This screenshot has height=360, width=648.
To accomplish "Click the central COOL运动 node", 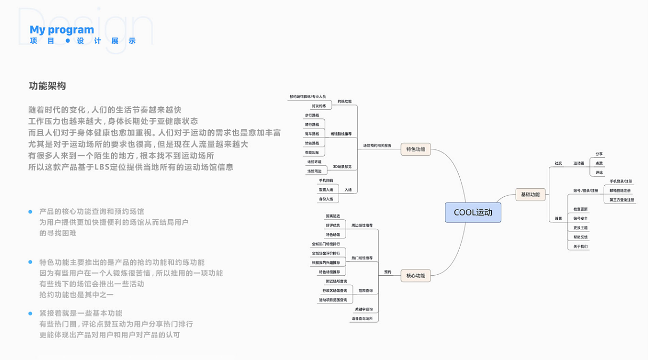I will pos(473,213).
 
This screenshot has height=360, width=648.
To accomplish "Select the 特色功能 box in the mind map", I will pos(415,149).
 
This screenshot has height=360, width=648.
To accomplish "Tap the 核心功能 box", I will pos(415,276).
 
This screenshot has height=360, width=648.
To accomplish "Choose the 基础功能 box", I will pos(530,195).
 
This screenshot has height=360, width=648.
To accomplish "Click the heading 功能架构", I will pos(47,86).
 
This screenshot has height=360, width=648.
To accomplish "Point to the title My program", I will pos(62,30).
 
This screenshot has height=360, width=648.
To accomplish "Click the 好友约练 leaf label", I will pos(319,106).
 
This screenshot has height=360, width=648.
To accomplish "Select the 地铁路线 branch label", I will pos(312,143).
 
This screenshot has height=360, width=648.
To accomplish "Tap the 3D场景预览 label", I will pos(342,167).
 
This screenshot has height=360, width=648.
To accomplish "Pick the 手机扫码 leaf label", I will pos(326,181).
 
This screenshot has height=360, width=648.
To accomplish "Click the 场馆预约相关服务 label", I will pos(377,146).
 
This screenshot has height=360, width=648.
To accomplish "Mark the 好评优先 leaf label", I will pos(333,225).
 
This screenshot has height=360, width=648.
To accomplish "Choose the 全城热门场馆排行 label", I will pos(326,244).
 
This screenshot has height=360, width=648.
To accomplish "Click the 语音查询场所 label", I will pos(362,319).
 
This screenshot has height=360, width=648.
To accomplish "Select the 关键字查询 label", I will pos(364,309).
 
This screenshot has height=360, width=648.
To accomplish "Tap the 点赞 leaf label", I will pos(599,163).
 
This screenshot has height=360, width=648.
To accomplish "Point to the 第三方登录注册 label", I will pos(622,200).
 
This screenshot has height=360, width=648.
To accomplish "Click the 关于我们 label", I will pos(581,246).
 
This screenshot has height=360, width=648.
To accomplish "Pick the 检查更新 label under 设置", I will pos(581,209).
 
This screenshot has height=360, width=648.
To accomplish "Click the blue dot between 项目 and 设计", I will pos(68,41).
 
